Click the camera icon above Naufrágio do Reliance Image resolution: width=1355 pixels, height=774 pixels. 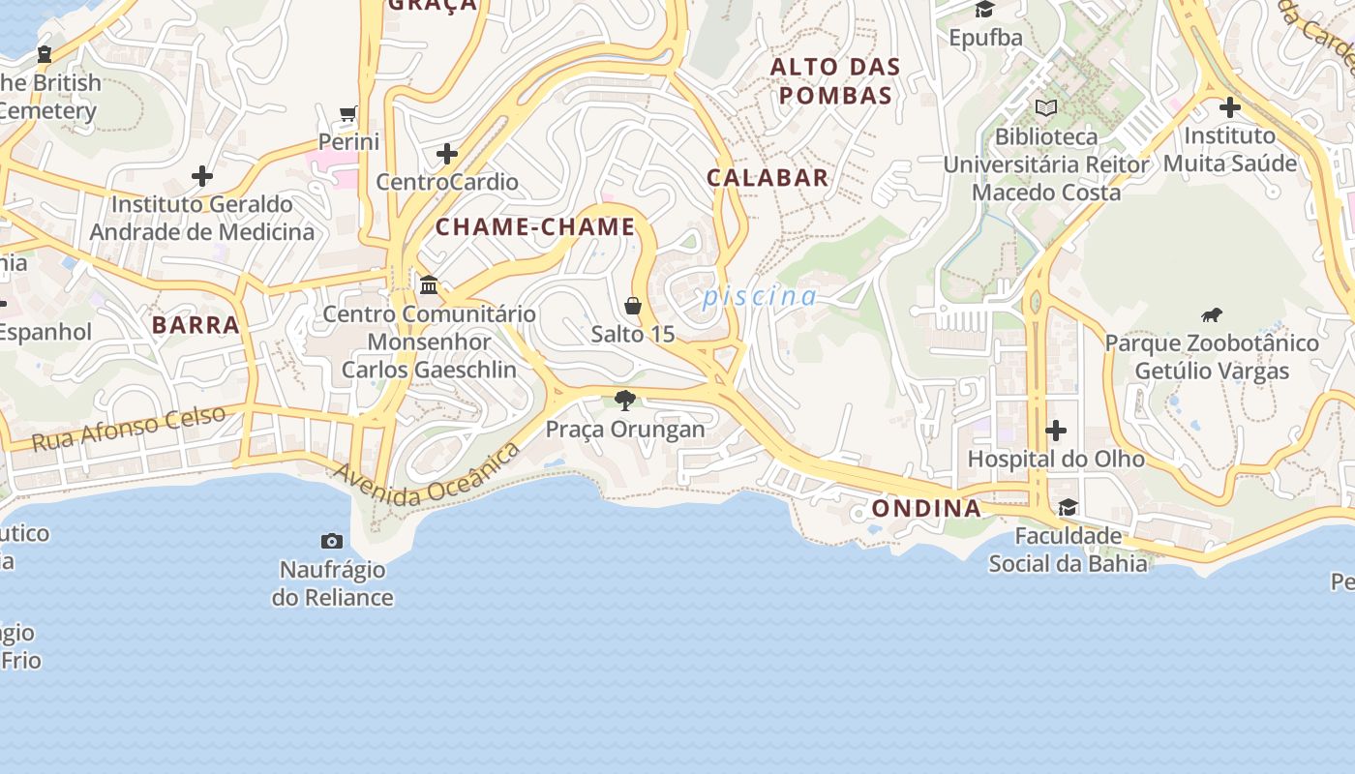[332, 541]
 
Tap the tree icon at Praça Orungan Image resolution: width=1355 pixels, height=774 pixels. [625, 400]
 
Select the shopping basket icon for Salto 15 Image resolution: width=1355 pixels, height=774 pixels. [633, 306]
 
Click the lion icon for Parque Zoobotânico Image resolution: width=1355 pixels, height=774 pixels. [1212, 314]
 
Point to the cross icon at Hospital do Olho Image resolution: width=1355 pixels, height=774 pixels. [1056, 430]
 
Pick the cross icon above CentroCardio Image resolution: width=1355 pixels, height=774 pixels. [446, 153]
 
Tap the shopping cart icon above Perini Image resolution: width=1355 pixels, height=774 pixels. [348, 113]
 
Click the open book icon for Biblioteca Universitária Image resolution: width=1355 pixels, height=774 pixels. [1045, 107]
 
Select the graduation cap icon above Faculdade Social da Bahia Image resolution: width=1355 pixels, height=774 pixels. [1068, 507]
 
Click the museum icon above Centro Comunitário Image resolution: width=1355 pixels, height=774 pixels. [429, 285]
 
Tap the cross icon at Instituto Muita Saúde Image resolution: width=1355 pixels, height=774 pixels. [1229, 106]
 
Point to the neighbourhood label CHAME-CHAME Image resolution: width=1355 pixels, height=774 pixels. [535, 227]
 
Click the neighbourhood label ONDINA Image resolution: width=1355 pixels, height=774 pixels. [926, 509]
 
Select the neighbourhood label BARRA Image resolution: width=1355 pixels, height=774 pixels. [196, 325]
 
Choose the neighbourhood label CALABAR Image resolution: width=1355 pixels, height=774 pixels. [768, 178]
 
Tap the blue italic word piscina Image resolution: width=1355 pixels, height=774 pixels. [760, 296]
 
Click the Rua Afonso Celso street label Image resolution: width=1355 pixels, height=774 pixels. [129, 429]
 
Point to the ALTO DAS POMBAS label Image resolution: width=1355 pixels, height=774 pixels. [835, 81]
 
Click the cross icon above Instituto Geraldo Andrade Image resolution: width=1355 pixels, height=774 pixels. [201, 176]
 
